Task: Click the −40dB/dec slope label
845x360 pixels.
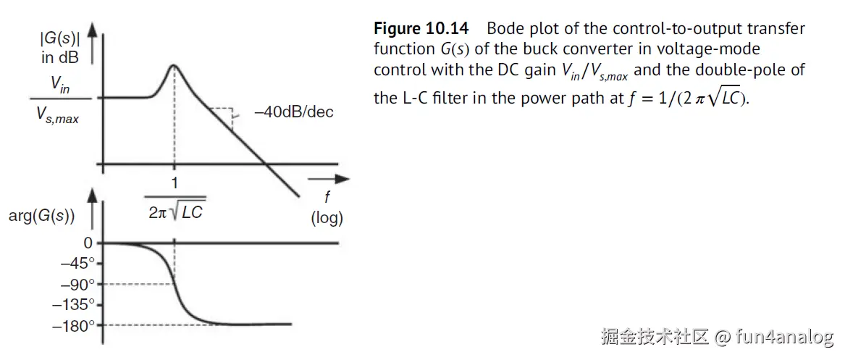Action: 293,112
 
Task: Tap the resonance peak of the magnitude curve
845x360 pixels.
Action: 174,65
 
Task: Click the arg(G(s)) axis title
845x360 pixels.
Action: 42,215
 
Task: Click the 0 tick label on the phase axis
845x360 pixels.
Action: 87,243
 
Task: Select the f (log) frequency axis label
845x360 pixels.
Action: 327,209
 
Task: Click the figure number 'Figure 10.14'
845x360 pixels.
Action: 421,29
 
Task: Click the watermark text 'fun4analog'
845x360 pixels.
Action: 784,337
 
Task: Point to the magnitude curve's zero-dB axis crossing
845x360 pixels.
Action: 267,164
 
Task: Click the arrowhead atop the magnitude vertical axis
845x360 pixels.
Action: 92,29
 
